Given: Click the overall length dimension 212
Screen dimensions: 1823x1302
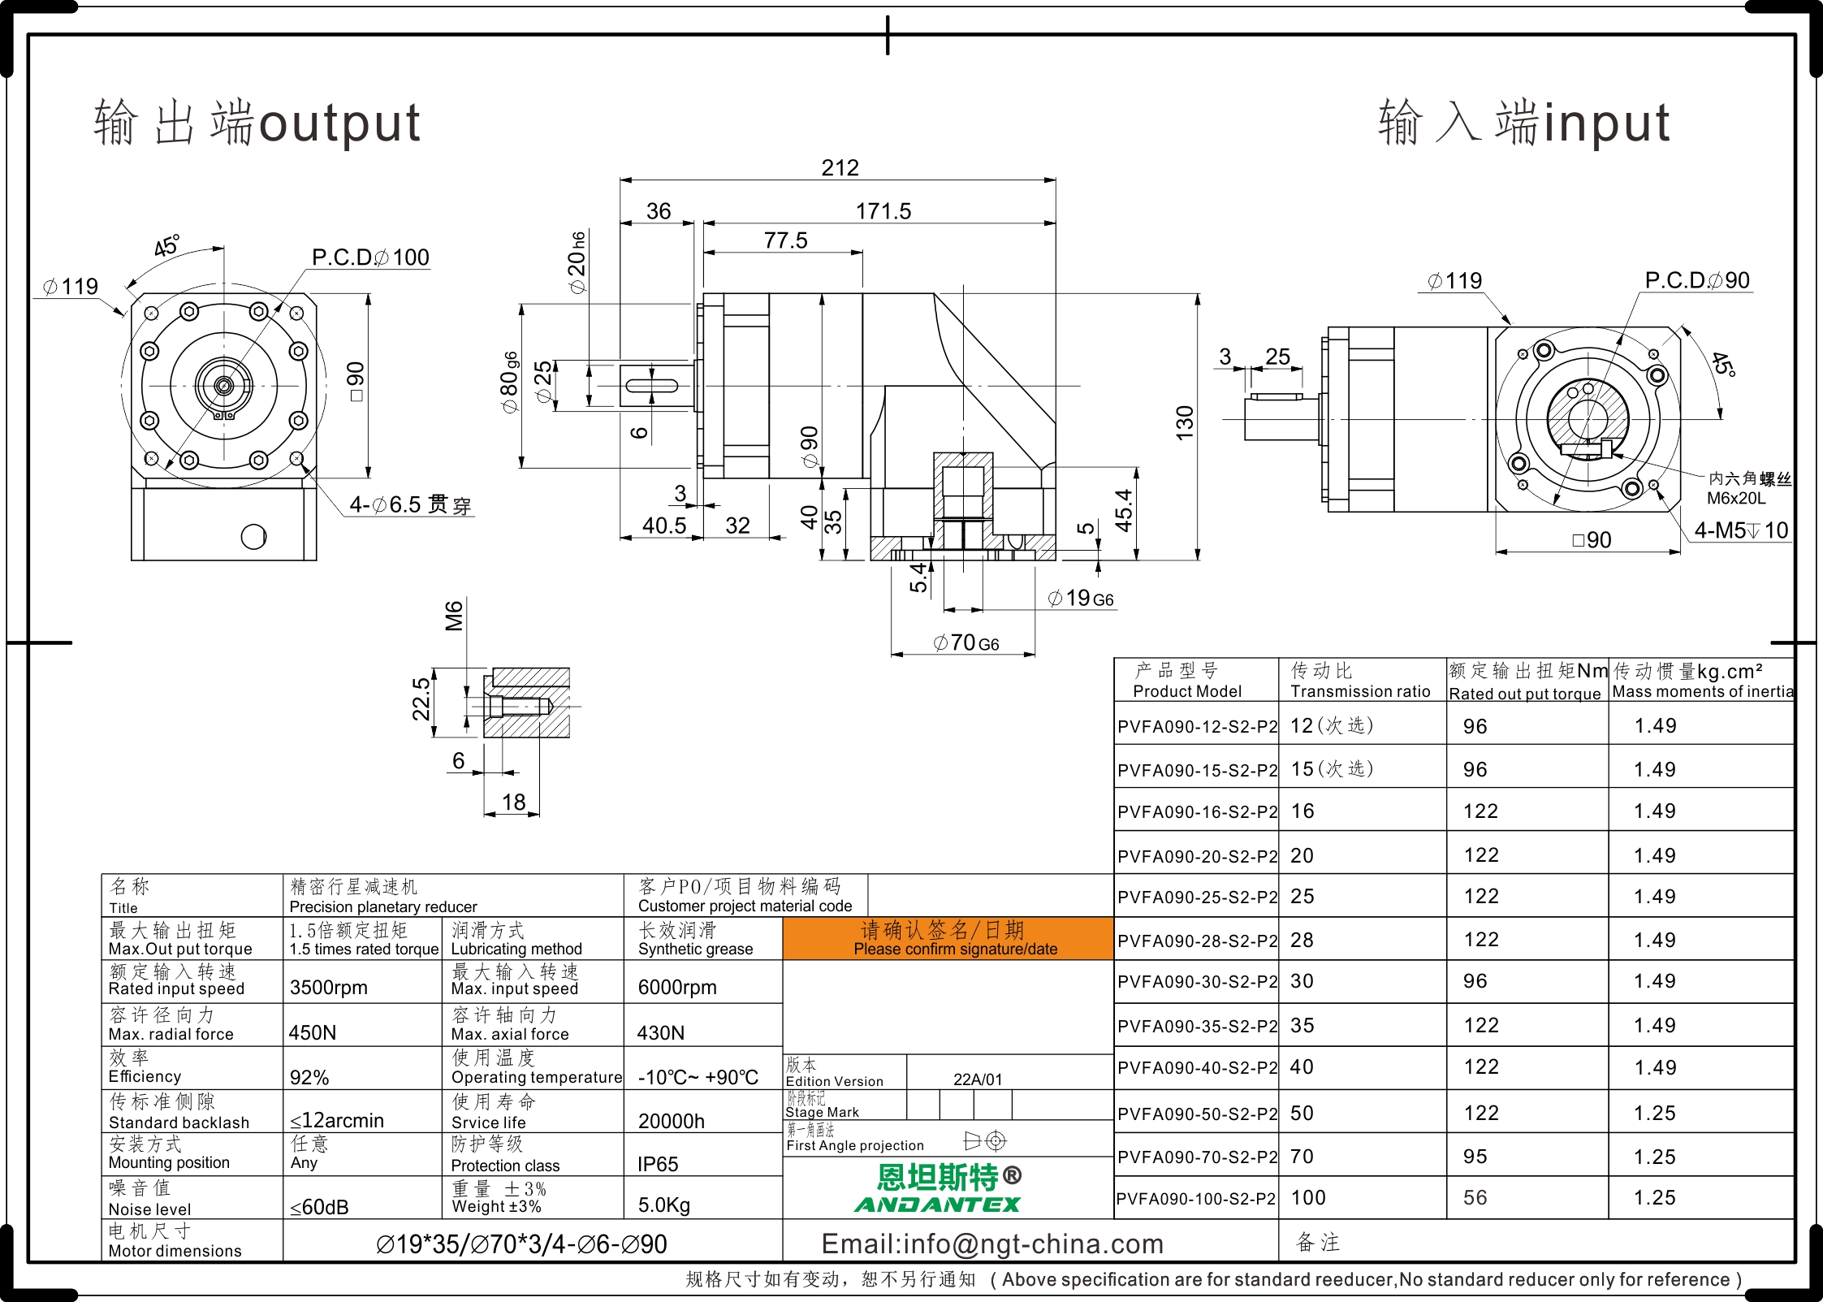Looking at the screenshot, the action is tap(840, 167).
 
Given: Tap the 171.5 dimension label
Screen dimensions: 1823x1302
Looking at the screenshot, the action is tap(883, 211).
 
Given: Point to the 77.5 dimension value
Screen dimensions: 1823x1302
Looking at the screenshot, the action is tap(785, 240).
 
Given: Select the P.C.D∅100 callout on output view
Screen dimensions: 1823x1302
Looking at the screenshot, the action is tap(370, 257).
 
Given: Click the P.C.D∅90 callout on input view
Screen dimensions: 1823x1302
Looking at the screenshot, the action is tap(1697, 280).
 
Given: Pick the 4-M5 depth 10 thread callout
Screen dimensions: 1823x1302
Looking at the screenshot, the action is tap(1741, 530).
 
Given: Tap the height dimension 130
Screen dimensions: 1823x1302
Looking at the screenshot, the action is tap(1185, 423).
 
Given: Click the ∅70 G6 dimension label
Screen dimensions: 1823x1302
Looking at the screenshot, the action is tap(966, 642).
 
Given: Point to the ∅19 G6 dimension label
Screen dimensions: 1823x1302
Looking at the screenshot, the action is tap(1081, 599).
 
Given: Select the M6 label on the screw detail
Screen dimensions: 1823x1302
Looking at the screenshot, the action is tap(454, 616).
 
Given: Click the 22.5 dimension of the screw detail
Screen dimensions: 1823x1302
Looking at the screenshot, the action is tap(421, 699).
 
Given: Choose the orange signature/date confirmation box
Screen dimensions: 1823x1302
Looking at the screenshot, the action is tap(948, 939).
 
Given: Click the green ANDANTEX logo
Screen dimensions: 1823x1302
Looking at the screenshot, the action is tap(938, 1205).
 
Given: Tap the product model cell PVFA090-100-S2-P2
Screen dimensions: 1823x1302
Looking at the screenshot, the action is tap(1196, 1199).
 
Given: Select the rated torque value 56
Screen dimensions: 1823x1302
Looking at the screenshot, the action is tap(1475, 1198).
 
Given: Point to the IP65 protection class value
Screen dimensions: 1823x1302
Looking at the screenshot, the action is tap(658, 1164).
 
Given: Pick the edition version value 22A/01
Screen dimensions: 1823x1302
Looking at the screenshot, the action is tap(978, 1079).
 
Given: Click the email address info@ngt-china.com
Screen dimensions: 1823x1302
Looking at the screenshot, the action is tap(992, 1244).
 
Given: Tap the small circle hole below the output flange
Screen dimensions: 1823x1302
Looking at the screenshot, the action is tap(253, 537).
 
